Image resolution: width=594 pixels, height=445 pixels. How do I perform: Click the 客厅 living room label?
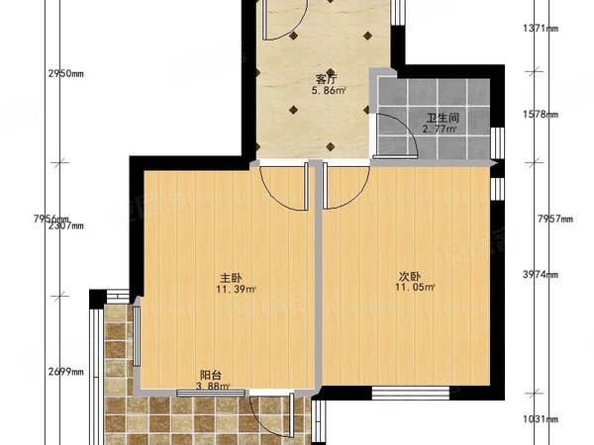pos(325,78)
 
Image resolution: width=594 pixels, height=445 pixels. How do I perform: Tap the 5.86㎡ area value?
pos(328,91)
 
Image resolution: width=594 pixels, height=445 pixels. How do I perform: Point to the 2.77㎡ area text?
pos(439,129)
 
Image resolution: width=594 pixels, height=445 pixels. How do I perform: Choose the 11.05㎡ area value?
pos(414,287)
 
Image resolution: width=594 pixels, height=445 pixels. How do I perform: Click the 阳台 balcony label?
pos(210,375)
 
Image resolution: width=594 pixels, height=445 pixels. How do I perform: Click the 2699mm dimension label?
pos(64,373)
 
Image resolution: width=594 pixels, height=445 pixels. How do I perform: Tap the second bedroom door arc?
pos(346,189)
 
